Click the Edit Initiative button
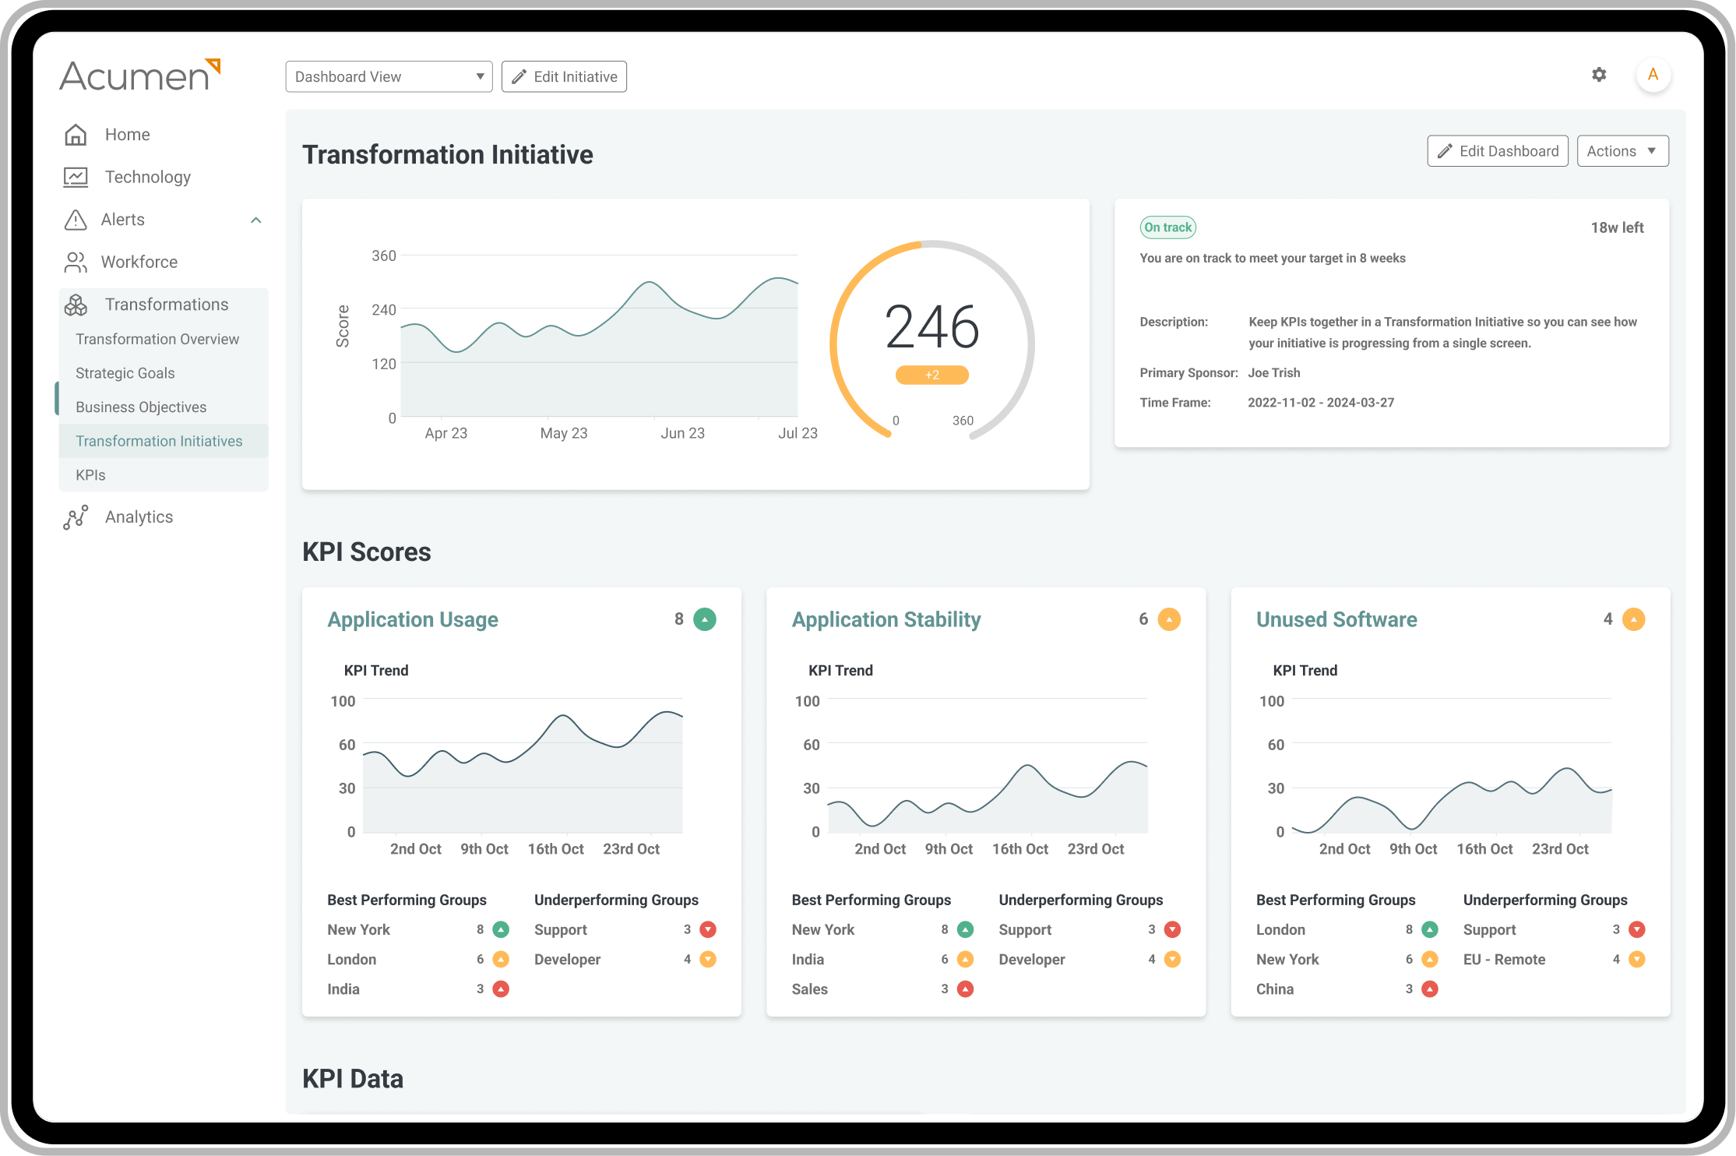pyautogui.click(x=564, y=76)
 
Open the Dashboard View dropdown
pyautogui.click(x=389, y=76)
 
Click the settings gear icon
pyautogui.click(x=1599, y=75)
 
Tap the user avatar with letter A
pyautogui.click(x=1653, y=75)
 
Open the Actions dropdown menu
pyautogui.click(x=1622, y=151)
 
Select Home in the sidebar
pyautogui.click(x=127, y=135)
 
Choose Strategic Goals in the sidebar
pyautogui.click(x=125, y=373)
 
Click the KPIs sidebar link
pyautogui.click(x=90, y=475)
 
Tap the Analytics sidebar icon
pyautogui.click(x=76, y=517)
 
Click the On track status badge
pyautogui.click(x=1167, y=227)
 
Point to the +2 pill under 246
pyautogui.click(x=931, y=375)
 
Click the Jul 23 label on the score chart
pyautogui.click(x=798, y=433)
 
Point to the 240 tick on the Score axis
pyautogui.click(x=384, y=310)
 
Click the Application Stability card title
pyautogui.click(x=886, y=619)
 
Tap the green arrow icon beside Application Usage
pyautogui.click(x=704, y=619)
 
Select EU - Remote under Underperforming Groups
pyautogui.click(x=1504, y=960)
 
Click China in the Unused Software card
pyautogui.click(x=1274, y=989)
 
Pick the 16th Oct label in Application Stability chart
pyautogui.click(x=1019, y=849)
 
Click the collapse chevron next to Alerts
pyautogui.click(x=255, y=220)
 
